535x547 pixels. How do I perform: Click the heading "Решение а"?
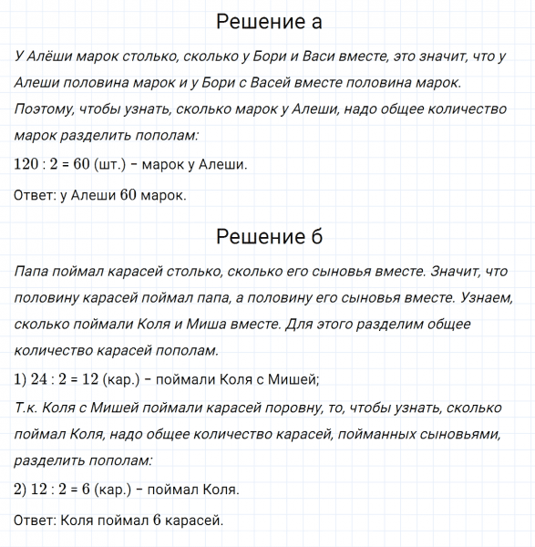(x=268, y=22)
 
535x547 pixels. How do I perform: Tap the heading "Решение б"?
(x=268, y=237)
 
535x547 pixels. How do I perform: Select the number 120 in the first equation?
(x=28, y=165)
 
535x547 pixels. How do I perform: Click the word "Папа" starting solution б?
(x=35, y=271)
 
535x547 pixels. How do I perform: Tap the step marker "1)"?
(x=21, y=379)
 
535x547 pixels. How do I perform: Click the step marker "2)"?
(x=21, y=490)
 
